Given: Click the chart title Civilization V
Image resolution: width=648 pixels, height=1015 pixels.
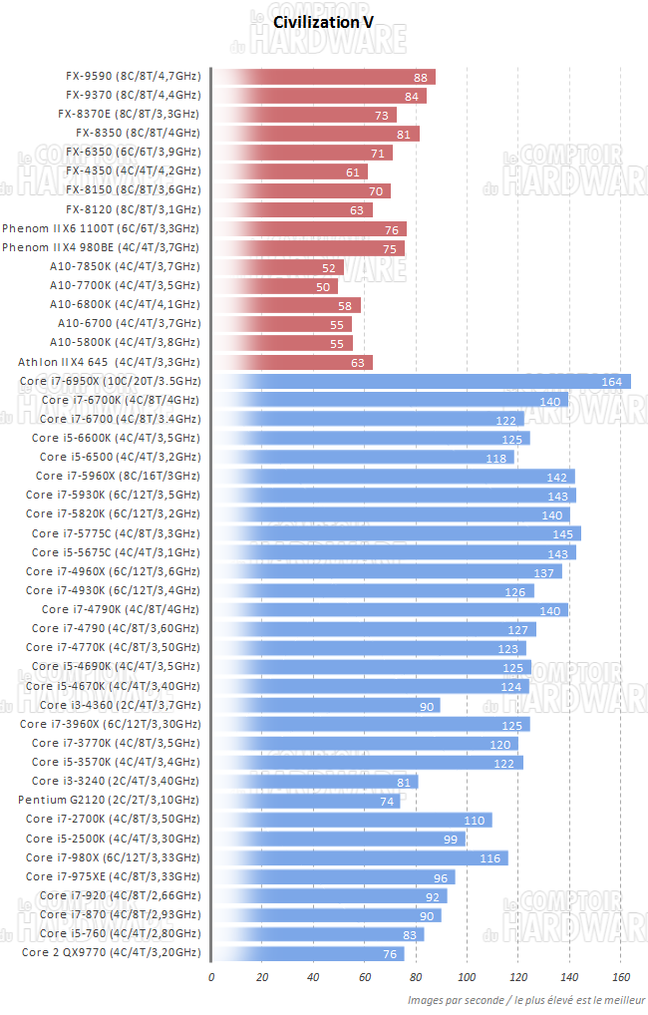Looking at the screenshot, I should click(x=324, y=20).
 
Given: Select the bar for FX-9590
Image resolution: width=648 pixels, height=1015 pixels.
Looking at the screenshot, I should click(x=324, y=77).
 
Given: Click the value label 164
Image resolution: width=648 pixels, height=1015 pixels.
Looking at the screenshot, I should click(x=612, y=382).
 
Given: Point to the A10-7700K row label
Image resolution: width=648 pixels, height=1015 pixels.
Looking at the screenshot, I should click(x=125, y=285).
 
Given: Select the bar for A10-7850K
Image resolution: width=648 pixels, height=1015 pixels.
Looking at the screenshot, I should click(x=278, y=266).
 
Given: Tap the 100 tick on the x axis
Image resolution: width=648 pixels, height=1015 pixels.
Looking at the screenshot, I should click(x=467, y=977).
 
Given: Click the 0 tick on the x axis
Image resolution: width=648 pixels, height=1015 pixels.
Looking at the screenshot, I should click(x=211, y=977).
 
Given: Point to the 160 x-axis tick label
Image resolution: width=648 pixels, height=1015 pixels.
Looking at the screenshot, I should click(x=620, y=977).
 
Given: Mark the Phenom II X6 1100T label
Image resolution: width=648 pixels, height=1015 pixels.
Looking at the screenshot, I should click(x=101, y=228).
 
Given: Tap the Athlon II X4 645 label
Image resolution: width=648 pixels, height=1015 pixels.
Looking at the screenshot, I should click(x=109, y=362).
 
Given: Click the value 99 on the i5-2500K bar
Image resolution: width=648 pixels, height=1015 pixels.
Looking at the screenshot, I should click(x=451, y=839).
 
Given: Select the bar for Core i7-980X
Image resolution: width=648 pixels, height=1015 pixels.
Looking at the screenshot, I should click(x=360, y=857).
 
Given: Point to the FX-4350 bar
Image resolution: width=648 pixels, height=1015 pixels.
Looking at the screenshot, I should click(x=290, y=171).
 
